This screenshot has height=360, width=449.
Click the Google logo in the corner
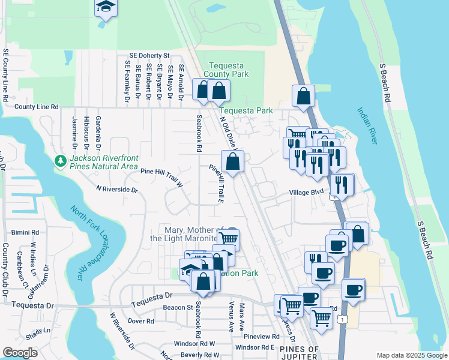pos(20,353)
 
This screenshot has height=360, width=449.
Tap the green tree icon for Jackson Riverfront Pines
pos(61,161)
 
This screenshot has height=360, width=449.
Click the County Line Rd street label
pos(37,107)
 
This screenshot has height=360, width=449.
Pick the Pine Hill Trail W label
pos(161,176)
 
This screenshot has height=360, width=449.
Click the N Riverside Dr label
pos(117,189)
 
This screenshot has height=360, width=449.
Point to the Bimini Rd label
pos(25,232)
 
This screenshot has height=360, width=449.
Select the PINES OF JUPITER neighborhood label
pos(298,353)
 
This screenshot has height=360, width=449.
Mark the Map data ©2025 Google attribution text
pos(411,355)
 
